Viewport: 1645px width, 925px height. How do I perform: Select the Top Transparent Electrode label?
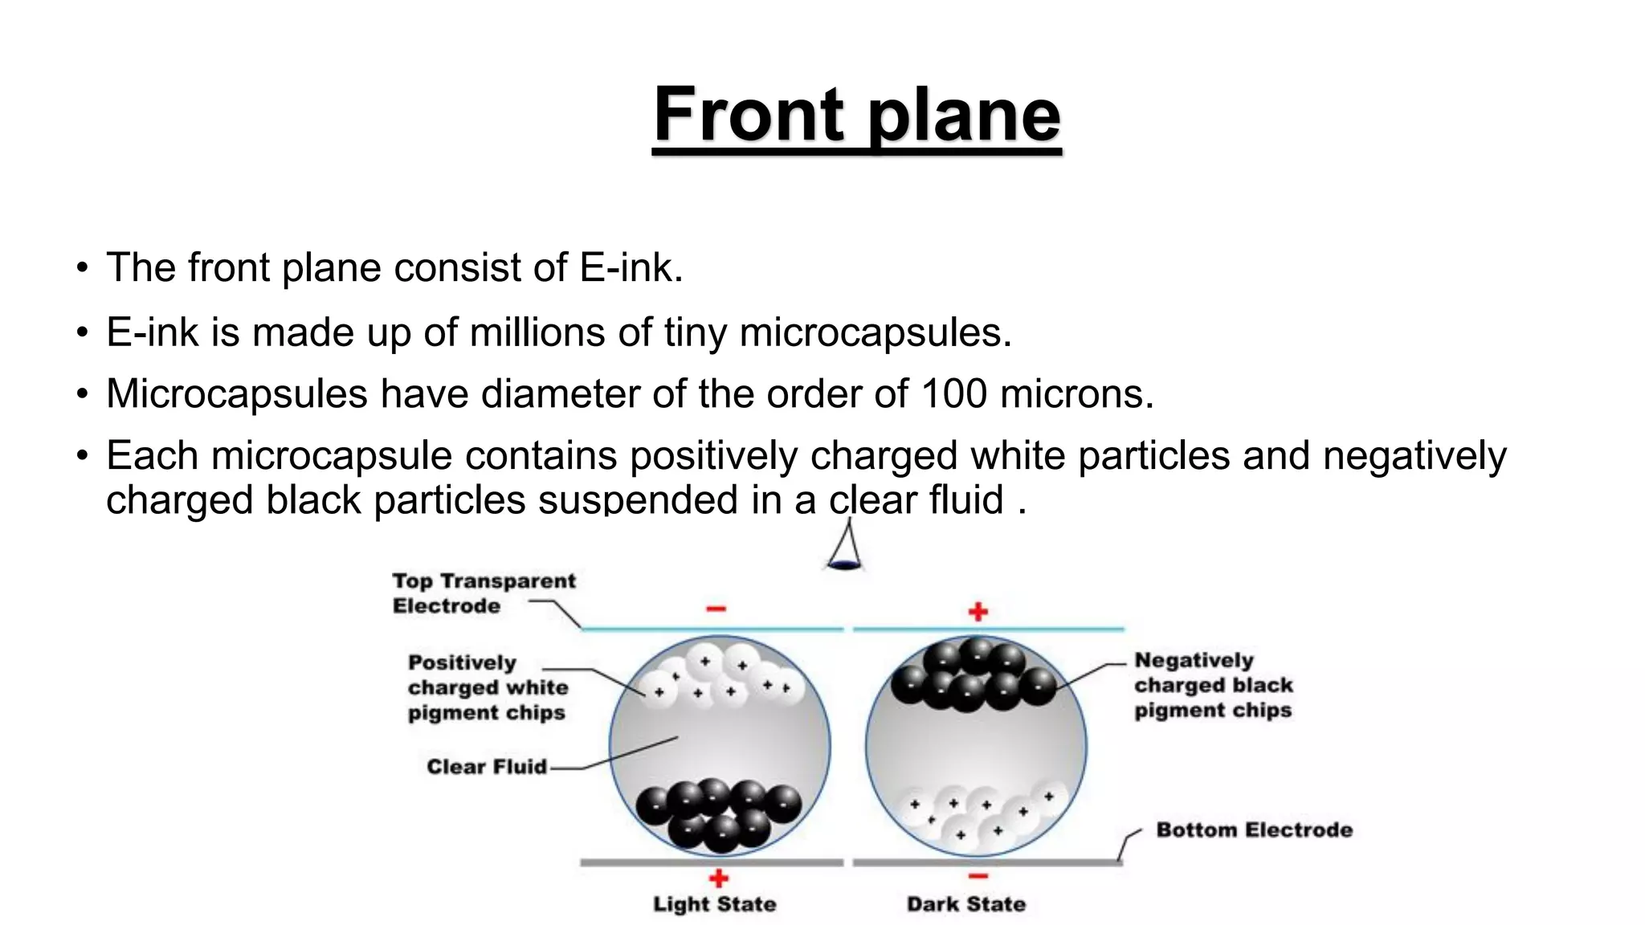[484, 593]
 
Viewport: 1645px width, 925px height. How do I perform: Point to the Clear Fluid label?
[487, 767]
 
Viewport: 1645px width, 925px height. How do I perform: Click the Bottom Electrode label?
[1254, 829]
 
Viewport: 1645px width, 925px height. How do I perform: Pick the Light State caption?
[714, 904]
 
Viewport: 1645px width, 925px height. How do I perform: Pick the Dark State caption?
[966, 904]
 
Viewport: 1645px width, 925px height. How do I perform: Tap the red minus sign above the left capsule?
[716, 609]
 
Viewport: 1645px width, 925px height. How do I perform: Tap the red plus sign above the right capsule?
[978, 612]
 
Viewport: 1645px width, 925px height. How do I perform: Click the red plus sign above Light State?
[719, 878]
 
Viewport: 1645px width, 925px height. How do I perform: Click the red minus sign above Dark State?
[978, 876]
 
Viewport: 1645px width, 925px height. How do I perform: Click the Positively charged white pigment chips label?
[487, 687]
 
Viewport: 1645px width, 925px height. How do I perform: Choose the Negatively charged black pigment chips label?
[1213, 685]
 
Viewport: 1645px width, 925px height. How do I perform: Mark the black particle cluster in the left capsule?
[719, 813]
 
